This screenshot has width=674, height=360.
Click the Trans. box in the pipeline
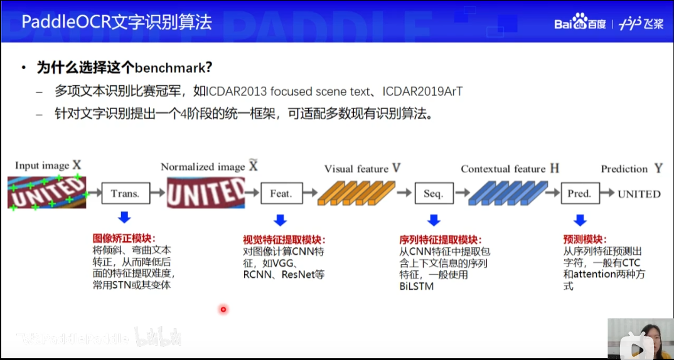click(x=125, y=194)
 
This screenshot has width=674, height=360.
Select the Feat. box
click(x=281, y=194)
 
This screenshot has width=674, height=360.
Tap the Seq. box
click(x=433, y=194)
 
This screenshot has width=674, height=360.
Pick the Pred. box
click(x=579, y=194)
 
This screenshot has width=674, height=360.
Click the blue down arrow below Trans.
click(x=124, y=218)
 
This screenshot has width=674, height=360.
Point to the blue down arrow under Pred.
click(x=580, y=220)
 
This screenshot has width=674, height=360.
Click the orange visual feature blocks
click(x=355, y=193)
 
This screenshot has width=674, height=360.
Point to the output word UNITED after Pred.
click(x=639, y=194)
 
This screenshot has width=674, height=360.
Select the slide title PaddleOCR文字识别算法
click(x=117, y=23)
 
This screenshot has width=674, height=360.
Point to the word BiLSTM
click(x=416, y=287)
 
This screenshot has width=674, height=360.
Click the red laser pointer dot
click(x=223, y=309)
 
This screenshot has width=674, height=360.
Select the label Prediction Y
click(x=631, y=169)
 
